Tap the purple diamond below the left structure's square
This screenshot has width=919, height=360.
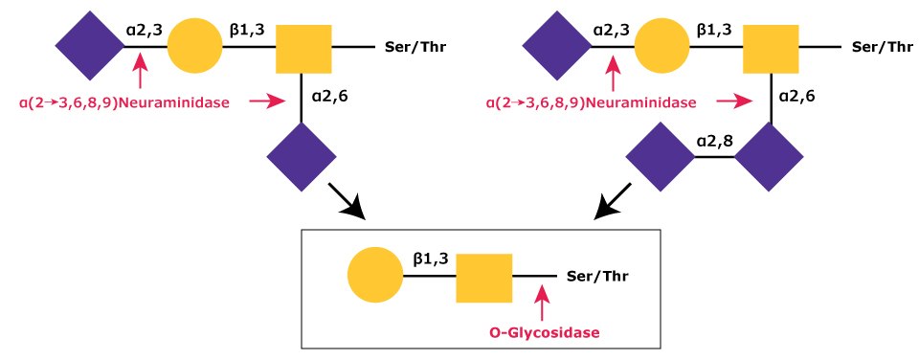point(303,153)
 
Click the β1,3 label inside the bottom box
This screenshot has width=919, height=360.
point(428,258)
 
